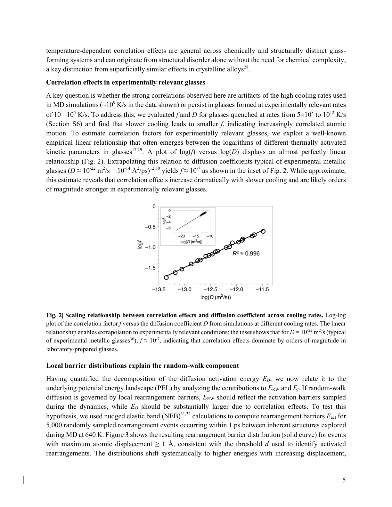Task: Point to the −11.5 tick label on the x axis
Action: (x=262, y=289)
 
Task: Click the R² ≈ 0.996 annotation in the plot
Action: (x=246, y=253)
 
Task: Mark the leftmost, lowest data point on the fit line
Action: (x=166, y=277)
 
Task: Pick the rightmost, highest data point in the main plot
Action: (x=263, y=231)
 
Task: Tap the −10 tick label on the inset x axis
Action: (x=210, y=236)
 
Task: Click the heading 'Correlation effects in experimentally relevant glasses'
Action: (x=126, y=82)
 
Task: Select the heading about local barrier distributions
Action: (x=143, y=366)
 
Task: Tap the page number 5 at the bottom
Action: (x=344, y=480)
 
